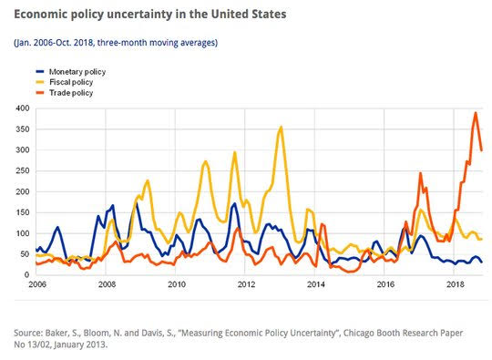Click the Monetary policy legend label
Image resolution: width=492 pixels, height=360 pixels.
(x=77, y=72)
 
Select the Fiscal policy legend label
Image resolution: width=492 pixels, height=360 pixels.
(x=71, y=82)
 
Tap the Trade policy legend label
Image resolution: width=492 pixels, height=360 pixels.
(x=71, y=93)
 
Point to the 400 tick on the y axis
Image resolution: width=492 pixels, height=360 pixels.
(x=23, y=108)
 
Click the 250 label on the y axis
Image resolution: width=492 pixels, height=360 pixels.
(x=23, y=170)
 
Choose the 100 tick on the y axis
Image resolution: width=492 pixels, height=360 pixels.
(x=23, y=233)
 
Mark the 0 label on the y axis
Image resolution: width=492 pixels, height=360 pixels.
(x=26, y=275)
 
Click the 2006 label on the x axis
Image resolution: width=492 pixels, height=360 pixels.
(x=37, y=284)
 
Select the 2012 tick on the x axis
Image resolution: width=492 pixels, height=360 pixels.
(x=246, y=284)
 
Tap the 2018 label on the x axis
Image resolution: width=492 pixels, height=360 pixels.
(x=455, y=284)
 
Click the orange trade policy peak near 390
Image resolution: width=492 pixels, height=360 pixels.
(x=476, y=113)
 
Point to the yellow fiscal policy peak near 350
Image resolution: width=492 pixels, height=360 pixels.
(x=281, y=127)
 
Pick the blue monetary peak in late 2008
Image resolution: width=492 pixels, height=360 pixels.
(x=136, y=203)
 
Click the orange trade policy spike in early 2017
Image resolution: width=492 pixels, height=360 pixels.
(x=420, y=173)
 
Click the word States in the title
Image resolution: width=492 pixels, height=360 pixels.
(x=269, y=14)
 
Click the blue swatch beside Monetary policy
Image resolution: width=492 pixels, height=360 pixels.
(x=40, y=72)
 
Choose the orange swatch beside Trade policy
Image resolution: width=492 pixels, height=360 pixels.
(x=40, y=93)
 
